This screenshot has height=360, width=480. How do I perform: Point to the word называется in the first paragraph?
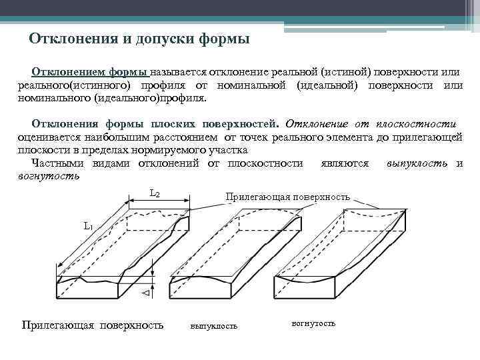tap(178, 72)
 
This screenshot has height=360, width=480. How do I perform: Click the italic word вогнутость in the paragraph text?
tap(48, 176)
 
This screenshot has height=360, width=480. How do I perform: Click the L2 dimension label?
tap(154, 194)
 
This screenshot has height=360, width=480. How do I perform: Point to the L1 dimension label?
tap(88, 226)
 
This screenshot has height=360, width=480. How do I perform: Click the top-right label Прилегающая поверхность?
tap(288, 197)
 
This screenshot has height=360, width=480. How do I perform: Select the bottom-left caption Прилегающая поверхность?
tap(93, 325)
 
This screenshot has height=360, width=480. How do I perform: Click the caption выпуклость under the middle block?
tap(213, 326)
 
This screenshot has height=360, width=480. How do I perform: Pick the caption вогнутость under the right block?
tap(313, 323)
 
